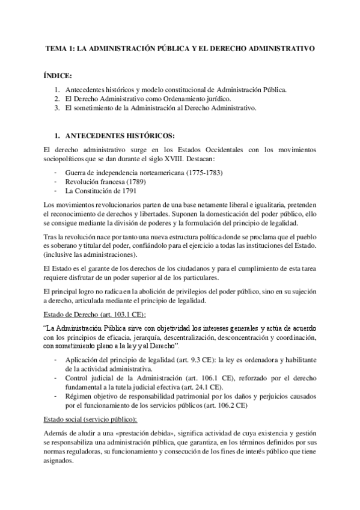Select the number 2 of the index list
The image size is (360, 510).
(56, 99)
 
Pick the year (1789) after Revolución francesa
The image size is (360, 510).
(137, 182)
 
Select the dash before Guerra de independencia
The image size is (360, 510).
(55, 173)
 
